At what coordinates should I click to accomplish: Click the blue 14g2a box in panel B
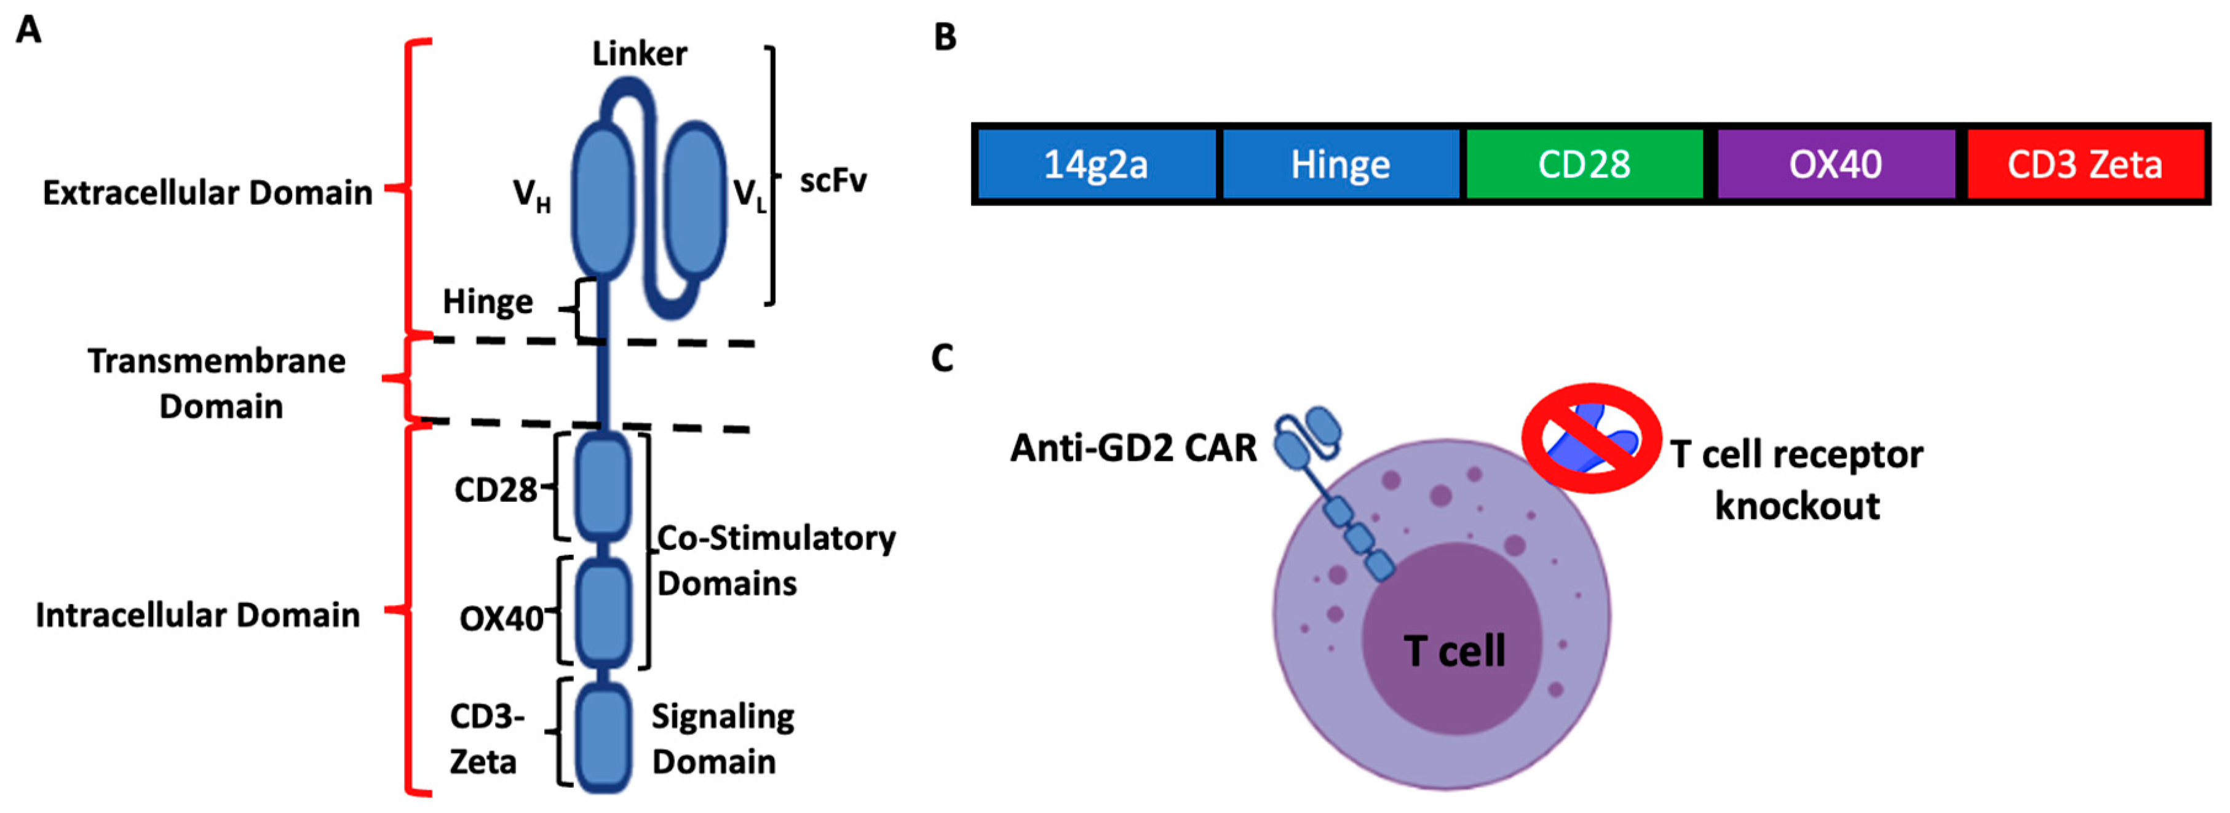tap(1097, 164)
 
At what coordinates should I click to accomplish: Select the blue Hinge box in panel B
tap(1341, 164)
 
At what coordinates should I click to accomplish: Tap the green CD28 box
tap(1584, 164)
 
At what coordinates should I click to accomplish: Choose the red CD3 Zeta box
tap(2085, 164)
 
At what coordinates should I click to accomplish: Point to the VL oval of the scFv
tap(696, 201)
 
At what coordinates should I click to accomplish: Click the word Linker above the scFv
tap(640, 54)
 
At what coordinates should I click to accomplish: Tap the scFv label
tap(833, 180)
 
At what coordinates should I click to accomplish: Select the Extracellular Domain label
tap(208, 192)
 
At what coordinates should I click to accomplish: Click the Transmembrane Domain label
tap(217, 383)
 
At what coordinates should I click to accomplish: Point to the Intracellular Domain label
tap(197, 615)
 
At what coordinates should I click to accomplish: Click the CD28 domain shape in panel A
tap(603, 486)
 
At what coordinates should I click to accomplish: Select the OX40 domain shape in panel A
tap(603, 612)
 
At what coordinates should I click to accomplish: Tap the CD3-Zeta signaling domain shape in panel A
tap(603, 736)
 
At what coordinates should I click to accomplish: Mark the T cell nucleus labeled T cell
tap(1453, 639)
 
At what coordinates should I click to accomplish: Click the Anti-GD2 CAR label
tap(1133, 448)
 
